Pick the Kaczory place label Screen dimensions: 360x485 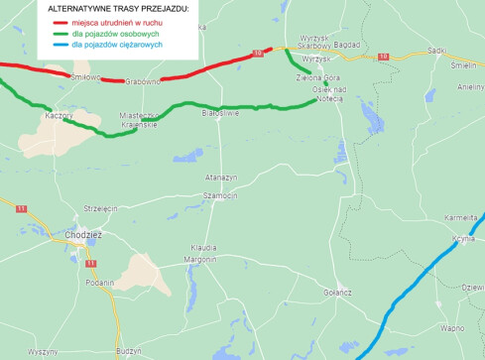(x=61, y=116)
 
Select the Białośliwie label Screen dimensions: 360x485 (x=220, y=114)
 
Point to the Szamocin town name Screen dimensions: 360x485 (x=219, y=195)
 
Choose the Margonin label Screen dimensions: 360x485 (x=199, y=259)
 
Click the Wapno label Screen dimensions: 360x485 (x=452, y=327)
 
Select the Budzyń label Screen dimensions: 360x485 (x=129, y=350)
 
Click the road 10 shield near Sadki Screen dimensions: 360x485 (x=383, y=57)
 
